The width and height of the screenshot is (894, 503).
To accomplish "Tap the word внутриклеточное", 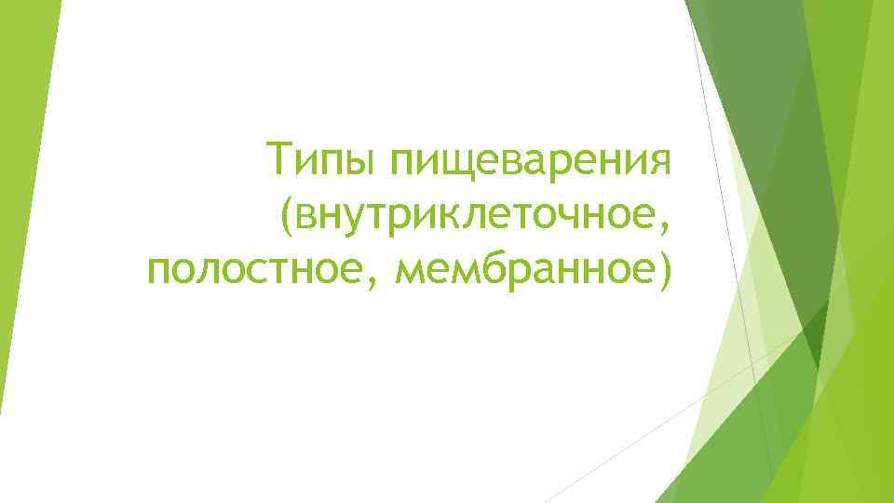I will (477, 215).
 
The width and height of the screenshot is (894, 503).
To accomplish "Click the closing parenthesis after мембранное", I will (663, 269).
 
